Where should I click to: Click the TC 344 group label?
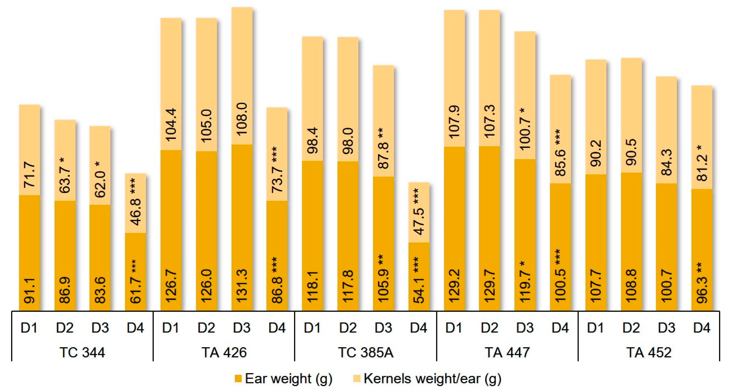coord(82,353)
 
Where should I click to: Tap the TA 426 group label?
coord(224,353)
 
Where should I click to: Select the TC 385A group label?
coord(365,353)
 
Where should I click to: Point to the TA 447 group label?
coord(507,353)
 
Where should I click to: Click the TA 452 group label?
coord(649,353)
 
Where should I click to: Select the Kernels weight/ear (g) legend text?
coord(432,379)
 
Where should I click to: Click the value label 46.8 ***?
coord(136,201)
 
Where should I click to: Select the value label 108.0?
coord(242,119)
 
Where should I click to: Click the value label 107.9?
coord(454,122)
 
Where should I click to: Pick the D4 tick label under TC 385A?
coord(418,328)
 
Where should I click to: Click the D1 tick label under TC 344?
coord(29,328)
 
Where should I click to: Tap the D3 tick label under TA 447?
coord(525,328)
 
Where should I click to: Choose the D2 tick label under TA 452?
coord(631,328)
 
